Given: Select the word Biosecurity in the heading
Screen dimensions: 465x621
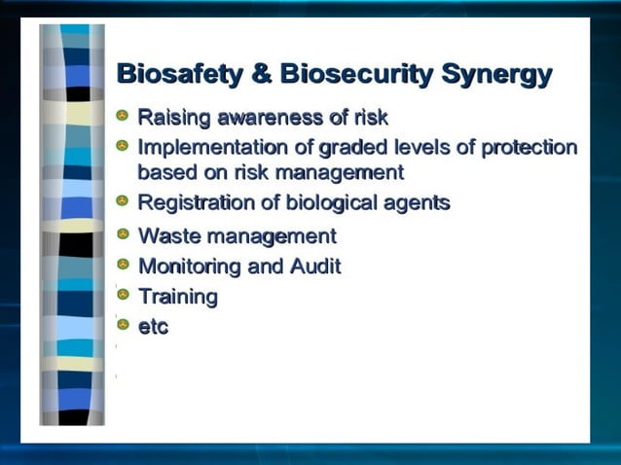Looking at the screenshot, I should coord(355,75).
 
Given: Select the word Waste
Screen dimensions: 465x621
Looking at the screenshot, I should coord(170,235).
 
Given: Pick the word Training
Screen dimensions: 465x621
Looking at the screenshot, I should coord(178,297).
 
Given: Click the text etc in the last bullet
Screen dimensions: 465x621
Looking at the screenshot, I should coord(153,327).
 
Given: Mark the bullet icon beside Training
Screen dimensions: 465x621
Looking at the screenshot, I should coord(123,294).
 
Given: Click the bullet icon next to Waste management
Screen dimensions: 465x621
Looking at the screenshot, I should coord(123,233).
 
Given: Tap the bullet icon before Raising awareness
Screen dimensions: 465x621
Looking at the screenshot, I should coord(123,117).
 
